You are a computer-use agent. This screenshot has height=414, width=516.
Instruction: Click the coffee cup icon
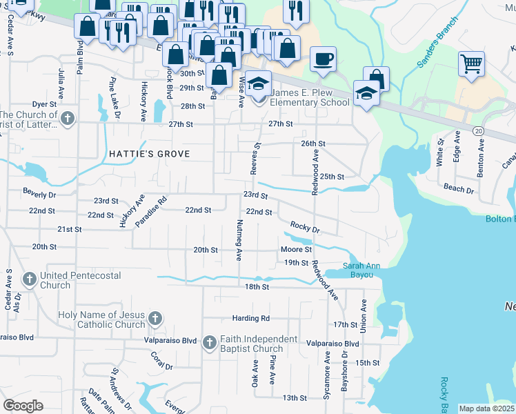pyautogui.click(x=322, y=59)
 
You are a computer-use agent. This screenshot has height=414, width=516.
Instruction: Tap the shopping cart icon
pyautogui.click(x=471, y=64)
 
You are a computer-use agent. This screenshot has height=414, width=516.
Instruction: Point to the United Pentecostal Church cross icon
pyautogui.click(x=29, y=279)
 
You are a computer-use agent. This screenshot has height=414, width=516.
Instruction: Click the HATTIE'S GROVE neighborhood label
pyautogui.click(x=148, y=153)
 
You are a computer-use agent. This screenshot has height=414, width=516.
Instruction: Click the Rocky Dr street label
pyautogui.click(x=305, y=227)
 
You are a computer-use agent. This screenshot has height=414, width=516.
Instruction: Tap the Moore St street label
pyautogui.click(x=296, y=249)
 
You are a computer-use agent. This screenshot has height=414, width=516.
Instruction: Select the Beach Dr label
pyautogui.click(x=459, y=188)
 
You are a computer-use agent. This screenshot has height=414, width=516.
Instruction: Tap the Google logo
pyautogui.click(x=23, y=405)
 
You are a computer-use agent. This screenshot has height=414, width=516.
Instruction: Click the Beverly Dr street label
pyautogui.click(x=39, y=195)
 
